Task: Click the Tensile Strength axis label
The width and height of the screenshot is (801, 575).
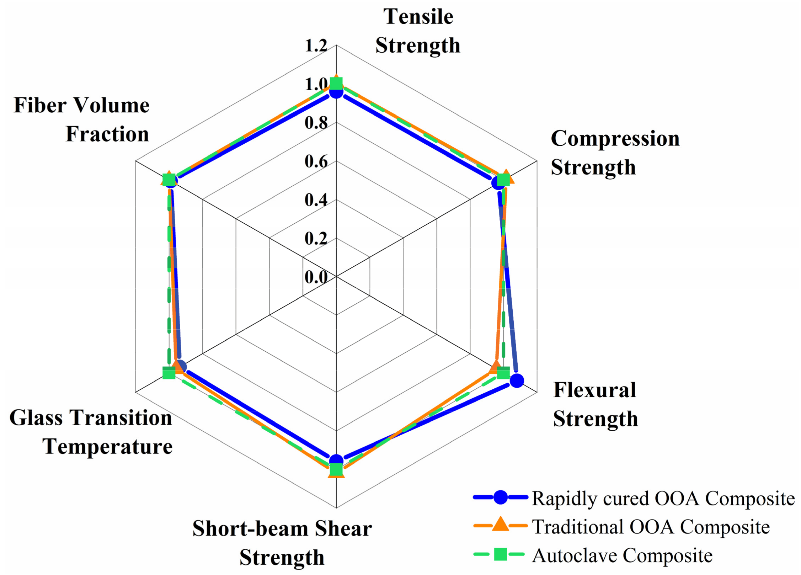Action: (417, 31)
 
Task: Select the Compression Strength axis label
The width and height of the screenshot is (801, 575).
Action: (615, 153)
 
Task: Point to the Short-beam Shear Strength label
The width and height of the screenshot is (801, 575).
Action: (282, 543)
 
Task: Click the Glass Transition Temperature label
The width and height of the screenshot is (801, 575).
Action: (91, 432)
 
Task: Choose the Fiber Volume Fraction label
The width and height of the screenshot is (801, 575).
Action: (81, 119)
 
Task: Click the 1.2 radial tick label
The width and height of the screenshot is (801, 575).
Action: (316, 46)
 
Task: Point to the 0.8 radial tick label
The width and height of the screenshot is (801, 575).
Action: (316, 123)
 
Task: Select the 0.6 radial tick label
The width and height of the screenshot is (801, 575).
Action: (316, 161)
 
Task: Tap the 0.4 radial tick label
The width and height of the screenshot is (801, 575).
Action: (316, 200)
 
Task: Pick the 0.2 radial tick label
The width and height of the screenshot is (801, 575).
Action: (316, 238)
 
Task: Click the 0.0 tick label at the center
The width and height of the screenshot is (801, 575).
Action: (316, 277)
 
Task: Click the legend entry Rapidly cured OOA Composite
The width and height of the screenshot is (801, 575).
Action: (663, 498)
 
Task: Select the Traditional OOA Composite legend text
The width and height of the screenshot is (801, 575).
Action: (651, 527)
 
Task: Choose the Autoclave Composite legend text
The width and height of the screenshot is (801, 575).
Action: (622, 555)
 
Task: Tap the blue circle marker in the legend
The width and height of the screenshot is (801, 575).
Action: (500, 497)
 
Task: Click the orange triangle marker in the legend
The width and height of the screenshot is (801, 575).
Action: (500, 525)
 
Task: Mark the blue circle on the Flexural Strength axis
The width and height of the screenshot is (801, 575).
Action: (517, 380)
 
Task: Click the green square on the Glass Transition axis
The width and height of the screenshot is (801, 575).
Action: (169, 373)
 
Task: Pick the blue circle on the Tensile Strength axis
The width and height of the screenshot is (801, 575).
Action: (336, 92)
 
